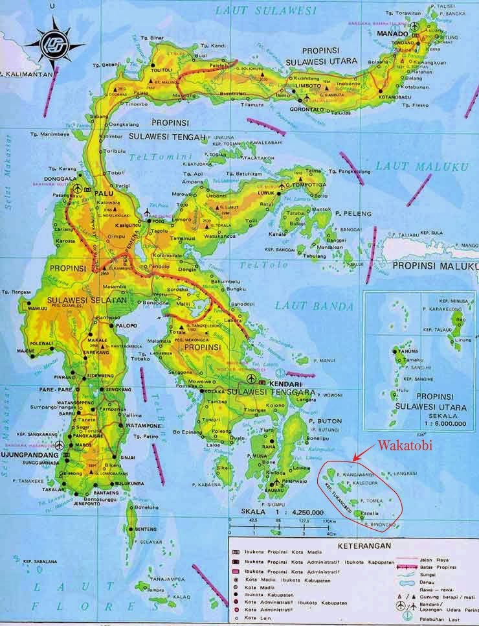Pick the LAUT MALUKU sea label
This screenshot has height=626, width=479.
coord(421,167)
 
